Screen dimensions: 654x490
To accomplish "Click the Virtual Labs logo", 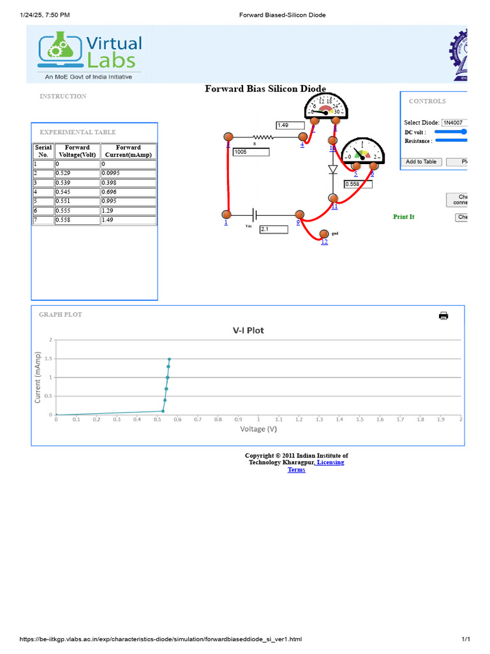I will (x=90, y=52).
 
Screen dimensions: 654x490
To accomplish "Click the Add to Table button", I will (x=421, y=162).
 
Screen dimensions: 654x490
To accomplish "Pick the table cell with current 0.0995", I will (x=128, y=173).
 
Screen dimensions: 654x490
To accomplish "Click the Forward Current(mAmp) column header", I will (x=128, y=151).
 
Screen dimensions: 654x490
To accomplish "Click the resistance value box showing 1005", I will (x=251, y=152).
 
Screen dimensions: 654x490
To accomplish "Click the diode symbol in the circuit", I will (x=332, y=170).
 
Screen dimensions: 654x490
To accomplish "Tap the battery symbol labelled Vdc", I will (x=256, y=215).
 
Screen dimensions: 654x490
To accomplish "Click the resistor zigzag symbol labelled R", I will (x=263, y=137).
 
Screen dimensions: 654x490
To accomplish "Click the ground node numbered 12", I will (x=324, y=234).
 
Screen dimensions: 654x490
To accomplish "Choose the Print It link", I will (x=403, y=217).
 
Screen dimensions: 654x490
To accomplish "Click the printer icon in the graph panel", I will (x=443, y=316).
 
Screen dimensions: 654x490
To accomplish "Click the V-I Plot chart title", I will (x=248, y=330).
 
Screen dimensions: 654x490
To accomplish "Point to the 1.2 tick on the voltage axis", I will (x=299, y=420).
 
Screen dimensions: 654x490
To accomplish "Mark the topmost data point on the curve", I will (x=169, y=359).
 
